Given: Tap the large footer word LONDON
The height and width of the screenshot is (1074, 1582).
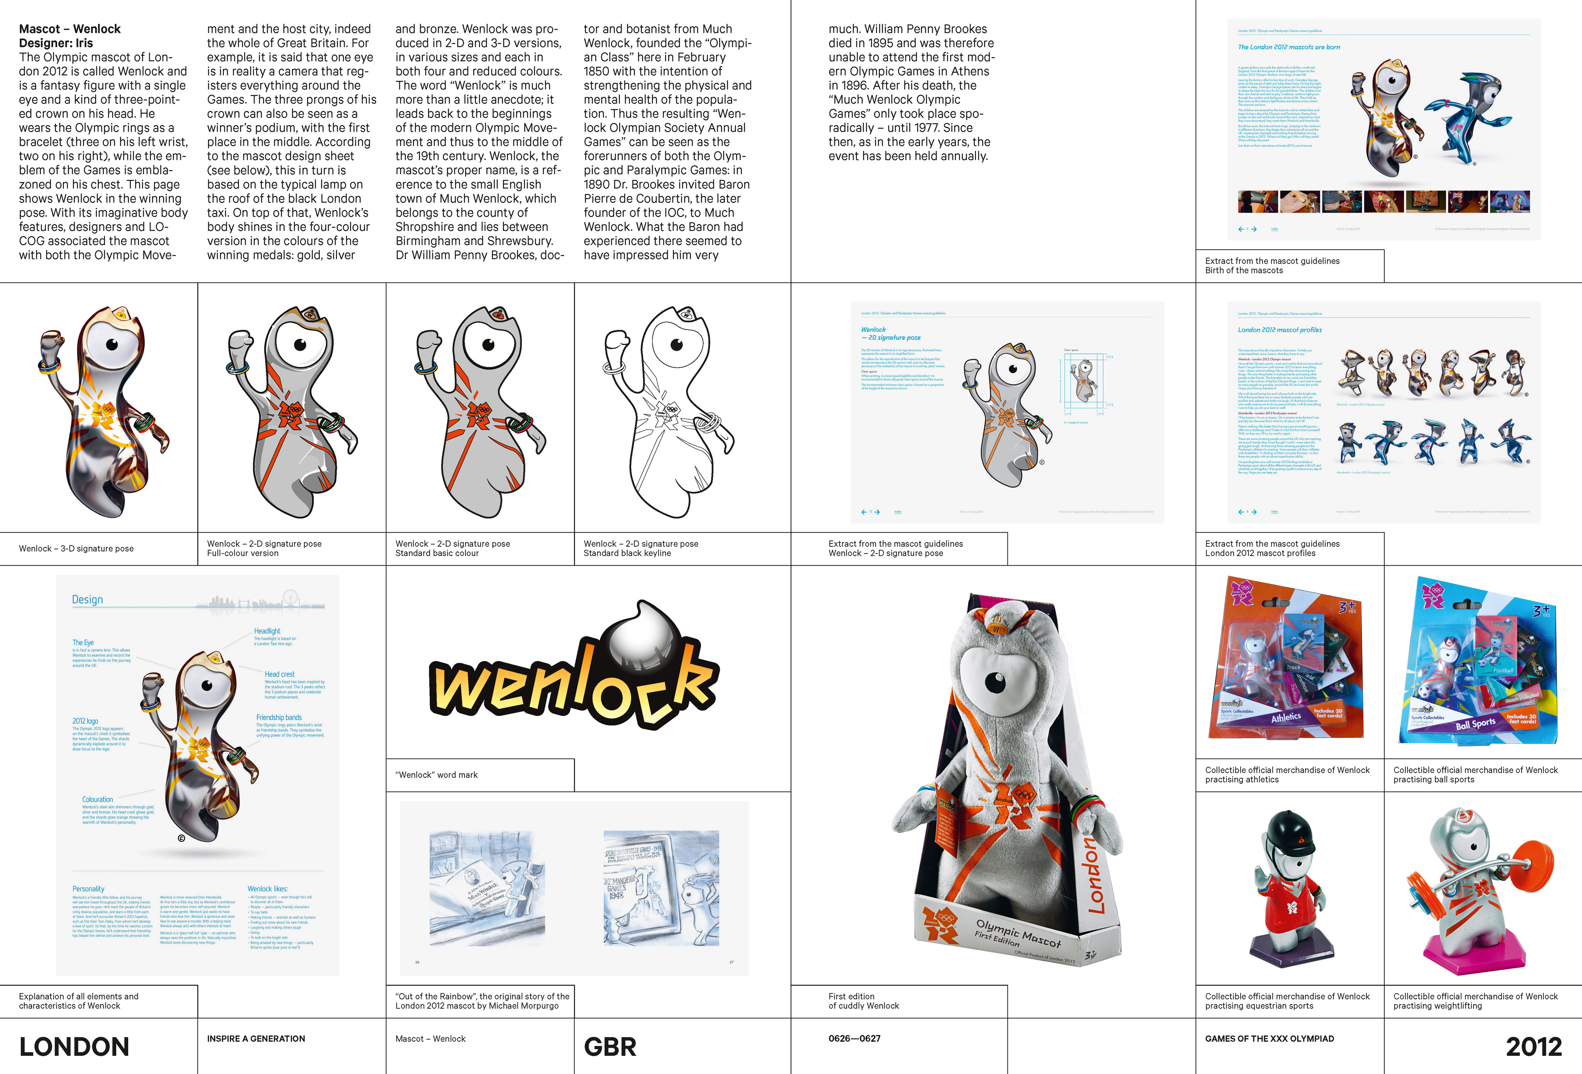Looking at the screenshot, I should (74, 1047).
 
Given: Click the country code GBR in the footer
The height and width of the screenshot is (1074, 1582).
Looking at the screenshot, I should (610, 1047).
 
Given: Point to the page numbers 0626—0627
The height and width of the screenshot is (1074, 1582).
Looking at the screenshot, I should (854, 1038).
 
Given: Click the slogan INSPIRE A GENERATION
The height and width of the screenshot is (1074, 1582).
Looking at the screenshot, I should (256, 1038).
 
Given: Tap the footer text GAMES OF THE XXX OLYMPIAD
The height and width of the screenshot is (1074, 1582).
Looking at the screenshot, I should (1270, 1038).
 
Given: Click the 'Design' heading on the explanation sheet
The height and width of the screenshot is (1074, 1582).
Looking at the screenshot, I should (88, 599).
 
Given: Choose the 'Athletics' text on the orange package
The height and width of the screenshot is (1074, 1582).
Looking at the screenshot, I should (1286, 717).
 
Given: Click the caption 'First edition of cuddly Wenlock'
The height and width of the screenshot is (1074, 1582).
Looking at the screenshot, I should (863, 1001).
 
